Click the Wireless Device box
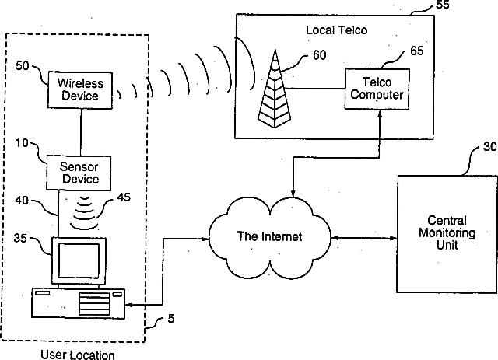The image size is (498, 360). (x=80, y=90)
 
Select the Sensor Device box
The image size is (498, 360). (x=79, y=173)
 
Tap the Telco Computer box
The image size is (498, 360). (x=377, y=89)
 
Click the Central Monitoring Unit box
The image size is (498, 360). (x=447, y=233)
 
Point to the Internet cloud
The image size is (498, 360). (x=270, y=237)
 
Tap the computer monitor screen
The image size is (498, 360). (x=79, y=261)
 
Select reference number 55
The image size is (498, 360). (x=443, y=5)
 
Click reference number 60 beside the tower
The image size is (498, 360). (x=320, y=55)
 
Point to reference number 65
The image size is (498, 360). (x=417, y=51)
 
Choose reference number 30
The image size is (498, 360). (x=489, y=146)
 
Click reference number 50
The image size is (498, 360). (x=23, y=66)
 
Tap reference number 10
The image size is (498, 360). (x=23, y=143)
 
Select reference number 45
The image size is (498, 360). (x=124, y=197)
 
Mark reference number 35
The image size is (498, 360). (x=20, y=238)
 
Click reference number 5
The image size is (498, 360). (x=171, y=319)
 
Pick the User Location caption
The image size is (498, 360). (x=78, y=355)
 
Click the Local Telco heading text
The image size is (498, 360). (x=337, y=30)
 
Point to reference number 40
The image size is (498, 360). (x=22, y=201)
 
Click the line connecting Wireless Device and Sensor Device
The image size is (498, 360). (x=81, y=132)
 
